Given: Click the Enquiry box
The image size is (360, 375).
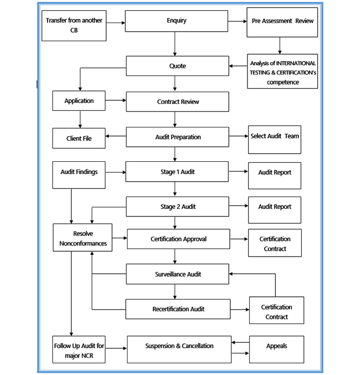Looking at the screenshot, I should point(176,21).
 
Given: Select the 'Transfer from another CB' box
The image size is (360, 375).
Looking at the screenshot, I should point(73,26).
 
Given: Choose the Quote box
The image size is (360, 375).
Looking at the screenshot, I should point(177,67).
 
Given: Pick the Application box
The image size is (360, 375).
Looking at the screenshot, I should point(79,101).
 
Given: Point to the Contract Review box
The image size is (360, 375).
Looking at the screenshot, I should point(177,102).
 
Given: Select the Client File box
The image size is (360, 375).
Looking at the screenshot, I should point(79,138).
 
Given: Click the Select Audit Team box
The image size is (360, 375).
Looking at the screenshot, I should point(275,136).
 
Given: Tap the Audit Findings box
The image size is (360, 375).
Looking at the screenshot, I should point(79,172).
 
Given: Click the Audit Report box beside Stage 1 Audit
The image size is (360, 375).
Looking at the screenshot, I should point(275,173).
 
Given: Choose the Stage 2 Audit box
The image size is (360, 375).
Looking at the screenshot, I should point(177,206).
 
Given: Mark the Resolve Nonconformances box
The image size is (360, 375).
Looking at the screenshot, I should point(82,238).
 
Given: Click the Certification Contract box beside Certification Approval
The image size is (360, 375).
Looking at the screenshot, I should point(275,244).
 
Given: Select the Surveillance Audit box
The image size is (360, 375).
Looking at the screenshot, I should point(177,274).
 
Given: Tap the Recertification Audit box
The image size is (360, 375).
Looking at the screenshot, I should point(177,309).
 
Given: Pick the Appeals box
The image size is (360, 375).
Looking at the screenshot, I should point(276,346).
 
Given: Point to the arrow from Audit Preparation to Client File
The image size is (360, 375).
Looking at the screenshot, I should point(116,137).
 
